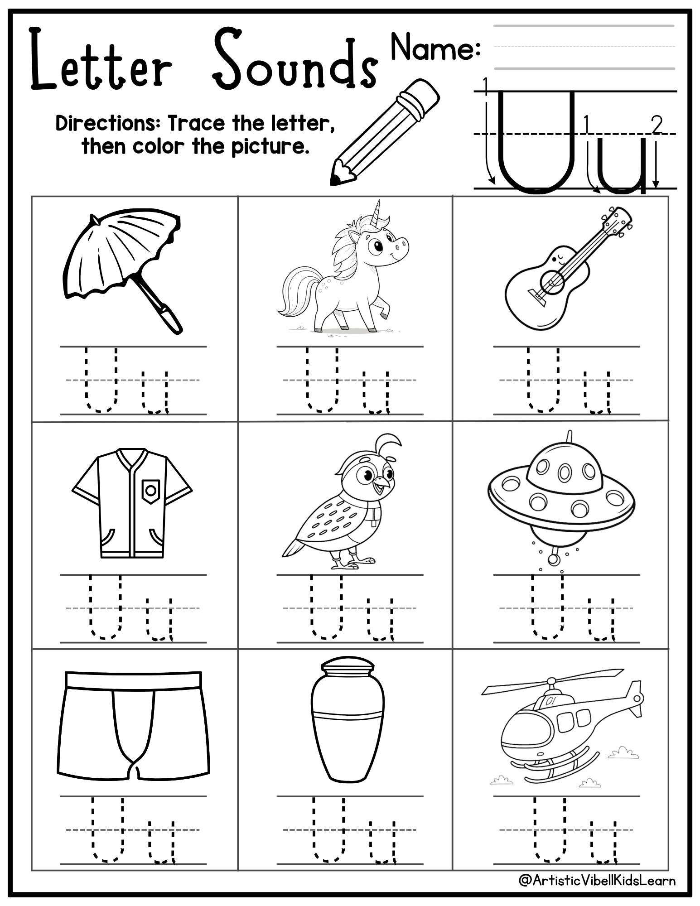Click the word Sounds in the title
(294, 61)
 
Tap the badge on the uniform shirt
(151, 490)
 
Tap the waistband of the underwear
(133, 680)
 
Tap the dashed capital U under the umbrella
(101, 381)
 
